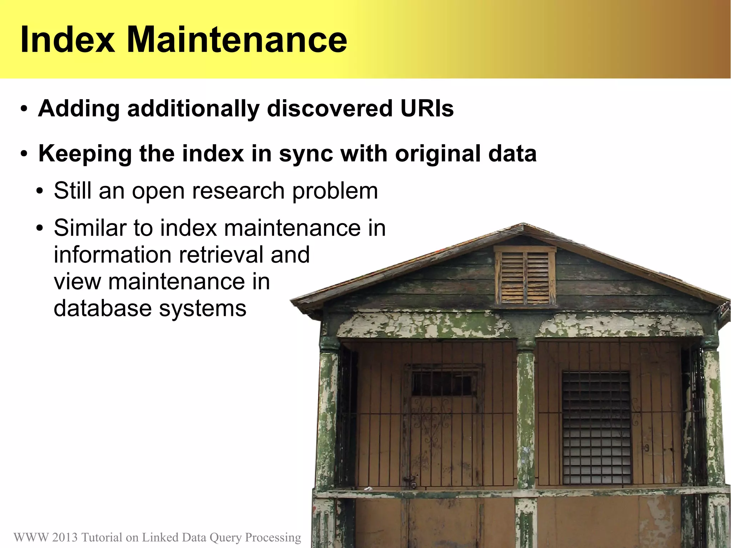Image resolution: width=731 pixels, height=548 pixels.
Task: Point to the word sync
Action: tap(306, 154)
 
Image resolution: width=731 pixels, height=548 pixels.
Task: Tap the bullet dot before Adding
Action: tap(24, 109)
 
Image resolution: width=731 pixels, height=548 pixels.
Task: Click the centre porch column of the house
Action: tap(526, 418)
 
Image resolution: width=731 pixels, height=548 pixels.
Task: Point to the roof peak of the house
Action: tap(523, 226)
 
